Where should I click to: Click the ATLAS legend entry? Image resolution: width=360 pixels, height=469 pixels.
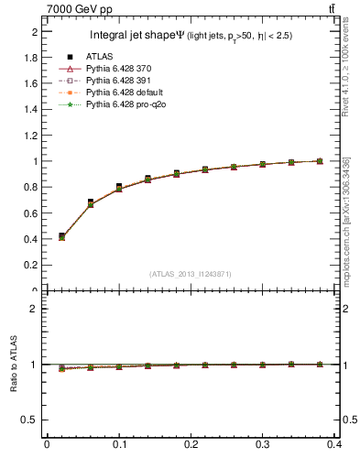98,57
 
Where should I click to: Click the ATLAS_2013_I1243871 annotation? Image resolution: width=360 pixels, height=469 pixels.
191,274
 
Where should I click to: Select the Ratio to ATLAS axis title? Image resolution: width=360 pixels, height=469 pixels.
15,364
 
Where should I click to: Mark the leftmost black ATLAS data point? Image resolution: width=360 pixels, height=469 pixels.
61,236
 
